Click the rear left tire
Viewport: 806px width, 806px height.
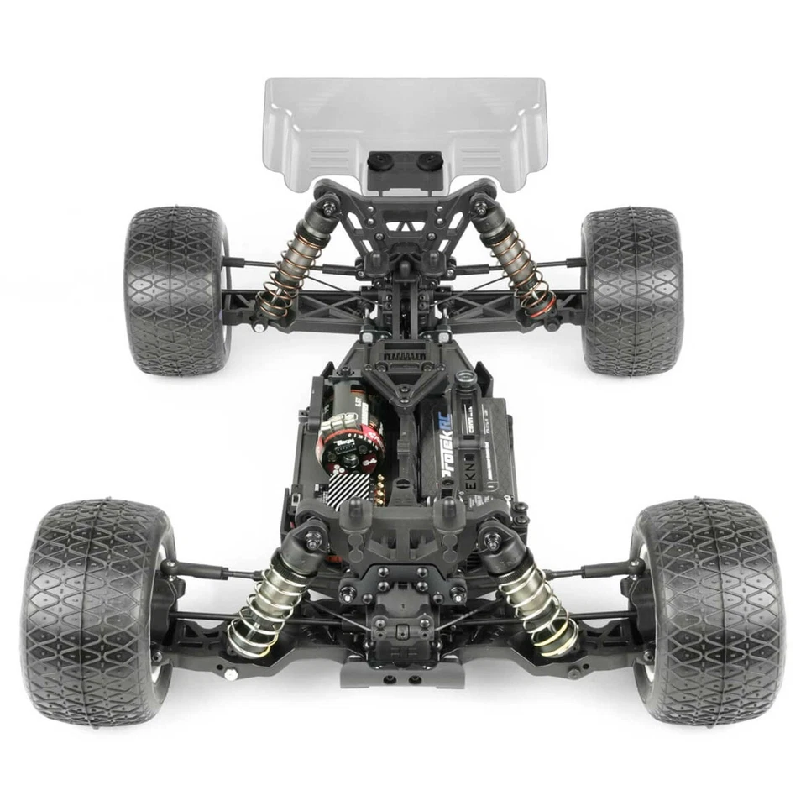point(176,290)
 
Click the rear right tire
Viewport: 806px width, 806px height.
point(631,290)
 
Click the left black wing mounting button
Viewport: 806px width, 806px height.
point(380,160)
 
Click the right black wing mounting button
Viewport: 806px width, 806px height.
point(430,160)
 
